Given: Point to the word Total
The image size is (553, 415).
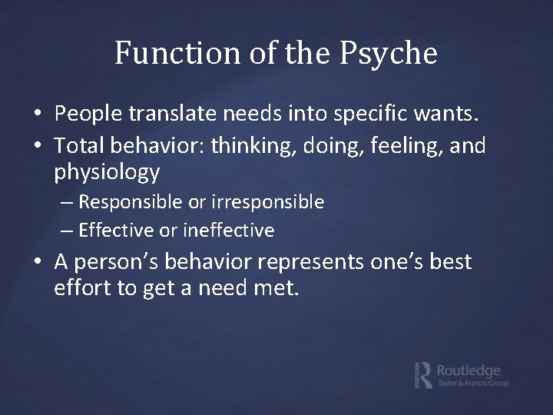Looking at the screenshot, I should click(x=80, y=145).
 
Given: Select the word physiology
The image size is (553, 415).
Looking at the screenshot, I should click(x=107, y=172).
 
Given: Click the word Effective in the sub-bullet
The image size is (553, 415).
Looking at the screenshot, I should click(x=114, y=230).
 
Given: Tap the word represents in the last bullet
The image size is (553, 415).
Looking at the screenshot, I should click(x=308, y=262).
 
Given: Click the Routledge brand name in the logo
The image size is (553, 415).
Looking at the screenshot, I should click(x=469, y=370).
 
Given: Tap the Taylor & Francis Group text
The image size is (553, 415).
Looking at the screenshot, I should click(x=472, y=383).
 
